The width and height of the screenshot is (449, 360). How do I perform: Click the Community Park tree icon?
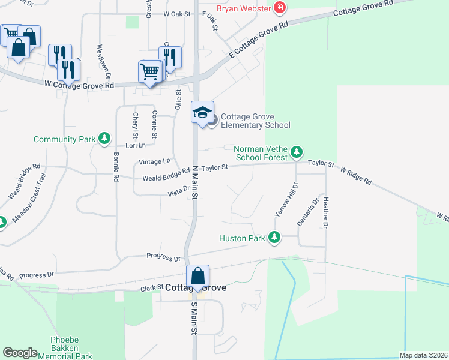pos(105,139)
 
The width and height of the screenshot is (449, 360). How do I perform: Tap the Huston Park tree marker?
pos(274,238)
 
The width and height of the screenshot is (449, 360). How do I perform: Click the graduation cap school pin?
pos(203,112)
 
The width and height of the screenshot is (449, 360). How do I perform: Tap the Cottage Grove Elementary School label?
pos(255,121)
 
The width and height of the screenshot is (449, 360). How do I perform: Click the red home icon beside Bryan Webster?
pos(279,8)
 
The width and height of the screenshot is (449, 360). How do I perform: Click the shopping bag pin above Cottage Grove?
pos(197,277)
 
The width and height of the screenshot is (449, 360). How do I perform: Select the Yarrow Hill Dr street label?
pos(286,200)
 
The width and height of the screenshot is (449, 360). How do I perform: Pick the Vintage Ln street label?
pos(155,161)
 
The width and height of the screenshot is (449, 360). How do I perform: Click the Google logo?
pos(20,353)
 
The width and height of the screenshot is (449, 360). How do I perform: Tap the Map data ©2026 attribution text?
pos(423,355)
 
